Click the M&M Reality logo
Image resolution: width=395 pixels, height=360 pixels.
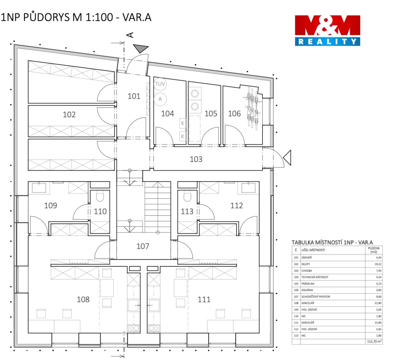(x=327, y=31)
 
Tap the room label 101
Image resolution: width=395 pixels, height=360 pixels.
(x=134, y=96)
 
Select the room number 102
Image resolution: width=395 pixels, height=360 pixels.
(x=69, y=114)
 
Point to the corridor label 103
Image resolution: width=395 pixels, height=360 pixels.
(x=196, y=159)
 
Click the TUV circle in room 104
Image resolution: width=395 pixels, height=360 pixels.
(x=160, y=84)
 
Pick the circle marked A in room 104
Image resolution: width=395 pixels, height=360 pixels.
(x=160, y=99)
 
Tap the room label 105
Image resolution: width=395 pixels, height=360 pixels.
(x=210, y=113)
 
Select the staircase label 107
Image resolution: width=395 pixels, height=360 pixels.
(x=143, y=246)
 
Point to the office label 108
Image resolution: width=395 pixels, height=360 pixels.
(x=83, y=299)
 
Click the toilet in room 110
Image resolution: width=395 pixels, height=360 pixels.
(x=100, y=197)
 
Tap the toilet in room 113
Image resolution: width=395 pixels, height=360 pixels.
(x=187, y=197)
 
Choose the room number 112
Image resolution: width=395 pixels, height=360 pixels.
(x=236, y=205)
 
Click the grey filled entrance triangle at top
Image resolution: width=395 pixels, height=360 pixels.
(x=141, y=48)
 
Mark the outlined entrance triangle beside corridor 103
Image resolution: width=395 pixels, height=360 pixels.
(x=287, y=158)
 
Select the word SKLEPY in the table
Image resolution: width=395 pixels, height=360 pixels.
(x=305, y=264)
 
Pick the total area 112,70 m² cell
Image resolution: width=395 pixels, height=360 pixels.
(x=374, y=341)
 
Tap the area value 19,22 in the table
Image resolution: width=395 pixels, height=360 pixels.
(x=378, y=264)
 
